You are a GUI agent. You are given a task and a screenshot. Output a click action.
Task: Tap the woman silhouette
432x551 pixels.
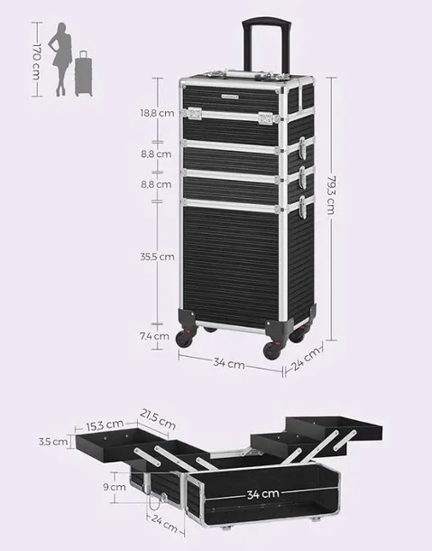[x=60, y=59]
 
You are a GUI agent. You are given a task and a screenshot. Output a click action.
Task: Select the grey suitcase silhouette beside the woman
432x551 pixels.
[x=84, y=73]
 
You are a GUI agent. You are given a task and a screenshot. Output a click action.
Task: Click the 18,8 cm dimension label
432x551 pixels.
[x=157, y=113]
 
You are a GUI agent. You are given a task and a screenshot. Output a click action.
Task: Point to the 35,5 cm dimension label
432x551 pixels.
[x=157, y=257]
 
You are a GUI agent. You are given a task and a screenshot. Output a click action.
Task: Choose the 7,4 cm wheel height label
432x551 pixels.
[x=155, y=336]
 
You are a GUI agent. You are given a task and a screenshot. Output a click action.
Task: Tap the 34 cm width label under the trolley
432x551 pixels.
[x=229, y=363]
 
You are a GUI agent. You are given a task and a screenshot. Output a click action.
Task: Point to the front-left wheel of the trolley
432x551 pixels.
[x=185, y=338]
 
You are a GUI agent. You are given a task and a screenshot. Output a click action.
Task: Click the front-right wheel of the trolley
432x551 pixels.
[x=271, y=350]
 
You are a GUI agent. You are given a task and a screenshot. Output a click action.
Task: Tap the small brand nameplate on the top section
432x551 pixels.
[x=229, y=96]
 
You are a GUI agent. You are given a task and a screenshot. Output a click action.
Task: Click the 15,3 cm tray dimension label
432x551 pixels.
[x=105, y=425]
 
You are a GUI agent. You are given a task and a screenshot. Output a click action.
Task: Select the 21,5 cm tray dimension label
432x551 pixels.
[x=158, y=419]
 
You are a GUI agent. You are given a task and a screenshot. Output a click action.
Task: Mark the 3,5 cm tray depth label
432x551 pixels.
[x=53, y=442]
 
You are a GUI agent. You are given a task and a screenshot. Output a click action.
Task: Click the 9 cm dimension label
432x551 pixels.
[x=115, y=487]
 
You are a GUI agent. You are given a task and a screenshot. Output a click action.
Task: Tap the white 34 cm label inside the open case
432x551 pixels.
[x=262, y=494]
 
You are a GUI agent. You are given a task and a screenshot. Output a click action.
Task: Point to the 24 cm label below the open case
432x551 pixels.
[x=164, y=523]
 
